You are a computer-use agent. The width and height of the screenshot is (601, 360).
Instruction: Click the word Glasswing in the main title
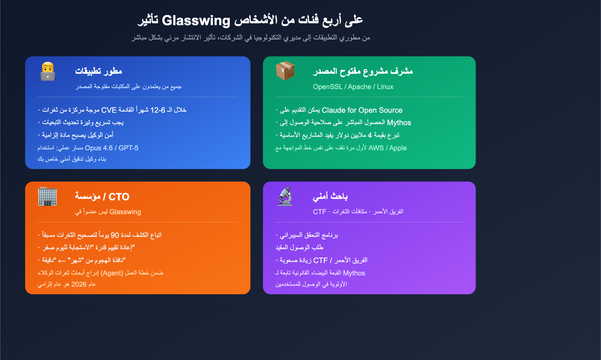tap(196, 20)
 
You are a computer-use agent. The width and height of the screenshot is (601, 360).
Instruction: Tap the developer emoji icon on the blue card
tap(48, 71)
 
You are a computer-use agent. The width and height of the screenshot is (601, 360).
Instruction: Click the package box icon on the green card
tap(285, 71)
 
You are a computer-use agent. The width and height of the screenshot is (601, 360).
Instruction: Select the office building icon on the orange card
tap(47, 196)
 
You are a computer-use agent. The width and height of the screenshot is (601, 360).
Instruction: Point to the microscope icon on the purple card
tap(285, 196)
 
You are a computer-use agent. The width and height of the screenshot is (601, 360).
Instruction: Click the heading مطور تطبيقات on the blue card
tap(98, 71)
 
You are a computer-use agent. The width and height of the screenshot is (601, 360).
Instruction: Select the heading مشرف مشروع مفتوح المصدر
tap(363, 71)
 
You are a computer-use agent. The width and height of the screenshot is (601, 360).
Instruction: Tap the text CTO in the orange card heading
tap(119, 197)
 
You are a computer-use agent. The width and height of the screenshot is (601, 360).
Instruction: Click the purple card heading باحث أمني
tap(330, 196)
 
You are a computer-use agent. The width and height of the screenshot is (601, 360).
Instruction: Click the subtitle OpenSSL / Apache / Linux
tap(353, 87)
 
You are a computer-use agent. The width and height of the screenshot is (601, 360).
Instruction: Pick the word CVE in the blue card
tap(109, 110)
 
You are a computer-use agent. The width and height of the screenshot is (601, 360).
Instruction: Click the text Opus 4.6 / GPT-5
tap(112, 148)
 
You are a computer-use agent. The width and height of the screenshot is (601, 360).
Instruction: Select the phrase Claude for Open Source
tap(362, 110)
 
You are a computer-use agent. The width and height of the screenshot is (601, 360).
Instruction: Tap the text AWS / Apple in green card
tap(387, 148)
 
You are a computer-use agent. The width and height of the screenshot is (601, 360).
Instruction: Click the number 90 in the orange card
tap(115, 235)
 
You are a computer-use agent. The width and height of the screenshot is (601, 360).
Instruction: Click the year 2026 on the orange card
tap(79, 284)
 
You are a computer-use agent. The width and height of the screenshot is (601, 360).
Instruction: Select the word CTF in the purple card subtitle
tap(319, 212)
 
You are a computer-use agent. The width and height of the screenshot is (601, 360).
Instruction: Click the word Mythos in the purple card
tap(354, 273)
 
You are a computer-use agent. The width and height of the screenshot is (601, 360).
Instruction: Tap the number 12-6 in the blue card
tap(158, 110)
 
